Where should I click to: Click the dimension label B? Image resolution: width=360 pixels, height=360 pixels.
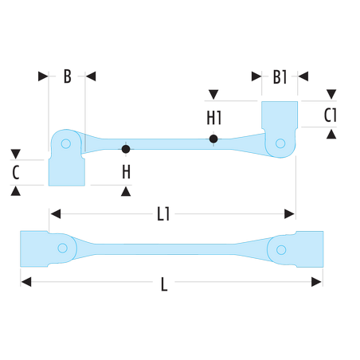click(x=68, y=76)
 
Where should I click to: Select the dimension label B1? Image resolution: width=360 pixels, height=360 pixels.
click(x=280, y=77)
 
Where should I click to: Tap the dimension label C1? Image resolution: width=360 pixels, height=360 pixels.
click(x=331, y=115)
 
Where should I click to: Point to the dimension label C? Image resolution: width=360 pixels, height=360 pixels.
click(x=16, y=172)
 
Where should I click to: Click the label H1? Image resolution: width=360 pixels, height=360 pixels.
click(x=214, y=118)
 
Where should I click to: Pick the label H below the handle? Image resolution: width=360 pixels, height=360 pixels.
click(x=127, y=172)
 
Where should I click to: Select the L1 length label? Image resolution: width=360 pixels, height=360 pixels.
click(x=163, y=214)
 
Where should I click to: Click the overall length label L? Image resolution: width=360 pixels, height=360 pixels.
click(x=164, y=284)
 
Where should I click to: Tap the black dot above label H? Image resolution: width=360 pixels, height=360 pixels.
click(x=126, y=149)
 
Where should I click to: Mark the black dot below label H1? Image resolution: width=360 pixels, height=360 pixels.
click(x=213, y=139)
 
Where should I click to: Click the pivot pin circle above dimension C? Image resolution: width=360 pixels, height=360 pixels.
click(x=66, y=143)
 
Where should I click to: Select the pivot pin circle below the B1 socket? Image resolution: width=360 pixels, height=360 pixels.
click(x=280, y=143)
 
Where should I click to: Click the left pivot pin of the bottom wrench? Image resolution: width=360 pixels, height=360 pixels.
click(x=62, y=248)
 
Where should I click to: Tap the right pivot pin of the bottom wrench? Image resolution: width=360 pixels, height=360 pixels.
click(x=281, y=250)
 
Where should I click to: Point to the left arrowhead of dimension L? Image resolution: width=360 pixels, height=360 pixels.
click(x=26, y=282)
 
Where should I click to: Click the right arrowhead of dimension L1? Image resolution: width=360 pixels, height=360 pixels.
click(x=289, y=213)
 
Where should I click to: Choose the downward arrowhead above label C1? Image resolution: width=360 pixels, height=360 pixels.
click(x=331, y=94)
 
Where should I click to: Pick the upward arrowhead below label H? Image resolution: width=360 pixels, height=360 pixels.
click(x=126, y=191)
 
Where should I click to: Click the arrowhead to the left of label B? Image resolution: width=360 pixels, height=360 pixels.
click(x=43, y=76)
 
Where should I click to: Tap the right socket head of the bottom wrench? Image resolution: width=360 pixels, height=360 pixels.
click(x=310, y=249)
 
